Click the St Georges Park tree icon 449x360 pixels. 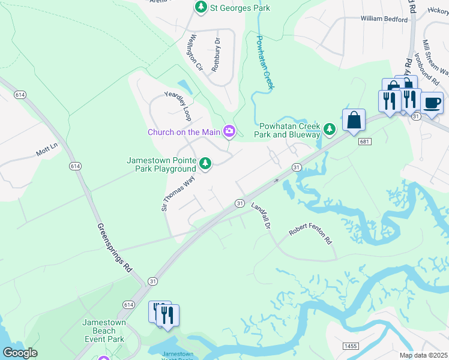pos(200,8)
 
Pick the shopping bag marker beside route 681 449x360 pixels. pos(354,120)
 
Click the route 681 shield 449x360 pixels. pos(363,142)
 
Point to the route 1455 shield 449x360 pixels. pos(351,346)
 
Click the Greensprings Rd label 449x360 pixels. pos(114,248)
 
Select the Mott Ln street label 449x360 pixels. pos(46,149)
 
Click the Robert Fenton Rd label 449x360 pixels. pos(310,235)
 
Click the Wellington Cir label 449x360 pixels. pos(193,53)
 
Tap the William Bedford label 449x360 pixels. pos(384,19)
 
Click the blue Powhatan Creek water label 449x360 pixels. pos(265,62)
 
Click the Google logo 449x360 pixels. pos(20,353)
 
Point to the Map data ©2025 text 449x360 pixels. pos(423,355)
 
